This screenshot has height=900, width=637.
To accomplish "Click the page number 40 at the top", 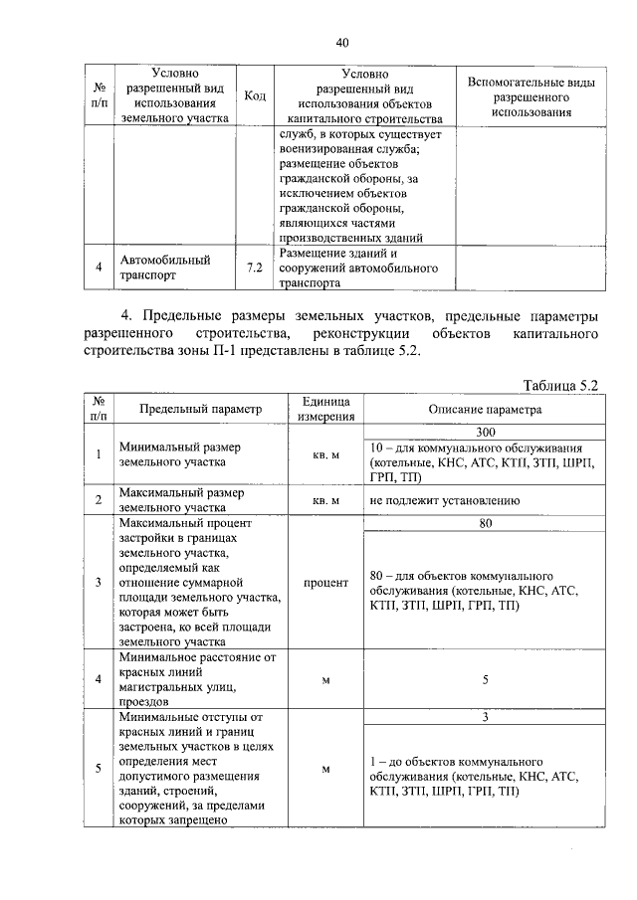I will coord(341,42).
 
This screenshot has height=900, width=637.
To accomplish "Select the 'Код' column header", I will coord(254,95).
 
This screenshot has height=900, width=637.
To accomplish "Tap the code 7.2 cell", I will coord(254,269).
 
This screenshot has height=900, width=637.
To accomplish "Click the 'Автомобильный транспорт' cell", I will coord(164,268).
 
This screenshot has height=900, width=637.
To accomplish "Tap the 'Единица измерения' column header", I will coord(324,409).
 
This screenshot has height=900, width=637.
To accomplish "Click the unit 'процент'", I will coord(324,583).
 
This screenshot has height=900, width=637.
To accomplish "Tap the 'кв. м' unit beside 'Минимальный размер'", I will coord(324,455).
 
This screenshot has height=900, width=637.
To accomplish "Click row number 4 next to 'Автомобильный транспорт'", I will coord(99,268).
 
